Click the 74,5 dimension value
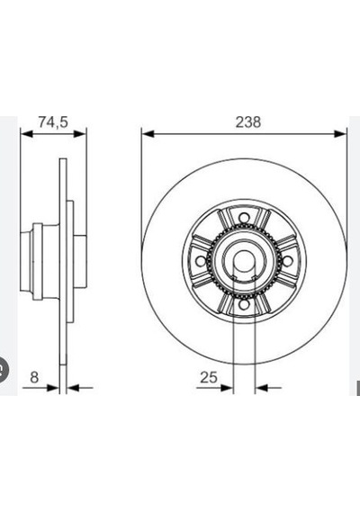[x=53, y=121]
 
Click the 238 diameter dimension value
[x=248, y=122]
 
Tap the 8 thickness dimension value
[x=34, y=377]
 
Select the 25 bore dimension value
[x=209, y=378]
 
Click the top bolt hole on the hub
[x=244, y=217]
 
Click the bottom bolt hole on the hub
[x=244, y=304]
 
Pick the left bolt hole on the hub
[x=200, y=261]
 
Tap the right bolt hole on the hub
[x=287, y=261]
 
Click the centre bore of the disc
[x=244, y=261]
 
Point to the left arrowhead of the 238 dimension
[x=148, y=133]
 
